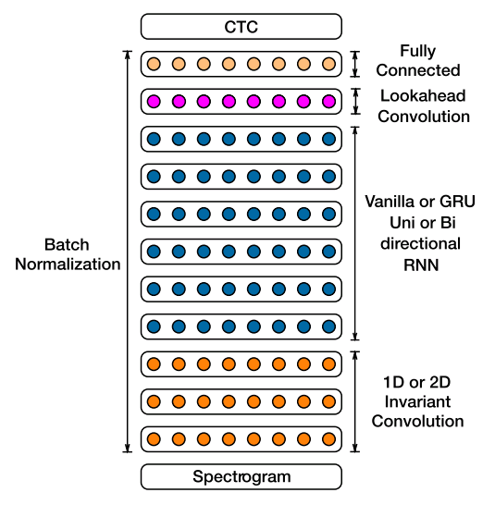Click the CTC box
click(241, 27)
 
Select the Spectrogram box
click(241, 476)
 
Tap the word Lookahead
click(423, 95)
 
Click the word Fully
click(417, 52)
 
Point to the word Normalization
click(68, 265)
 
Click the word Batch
click(67, 244)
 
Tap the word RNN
click(421, 265)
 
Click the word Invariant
click(417, 401)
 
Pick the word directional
click(420, 244)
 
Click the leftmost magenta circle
click(154, 102)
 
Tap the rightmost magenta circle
click(328, 102)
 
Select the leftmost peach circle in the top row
click(154, 64)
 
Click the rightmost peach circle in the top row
click(328, 64)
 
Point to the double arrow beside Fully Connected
click(354, 64)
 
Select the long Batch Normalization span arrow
click(128, 252)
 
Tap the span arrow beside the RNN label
click(354, 233)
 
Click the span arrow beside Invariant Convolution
click(354, 401)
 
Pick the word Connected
click(418, 70)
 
